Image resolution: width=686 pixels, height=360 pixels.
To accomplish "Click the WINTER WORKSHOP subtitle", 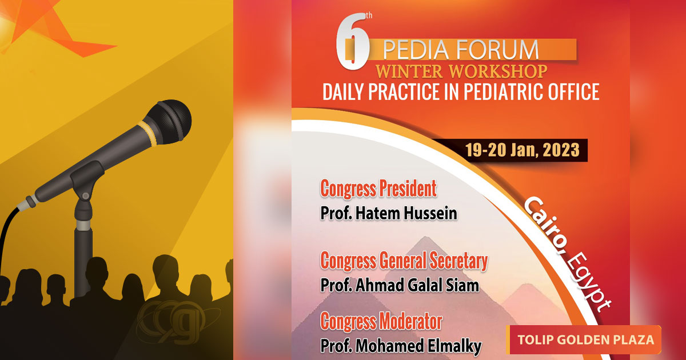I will [461, 71].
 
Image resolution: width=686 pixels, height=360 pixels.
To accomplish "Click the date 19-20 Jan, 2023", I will [522, 150].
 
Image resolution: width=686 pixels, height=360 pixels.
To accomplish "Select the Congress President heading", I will [378, 189].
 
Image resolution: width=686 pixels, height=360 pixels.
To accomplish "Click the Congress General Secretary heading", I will [404, 261].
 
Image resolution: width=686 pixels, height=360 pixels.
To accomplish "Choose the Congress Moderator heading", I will [381, 321].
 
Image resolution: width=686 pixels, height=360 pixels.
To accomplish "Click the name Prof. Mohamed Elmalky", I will [401, 346].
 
